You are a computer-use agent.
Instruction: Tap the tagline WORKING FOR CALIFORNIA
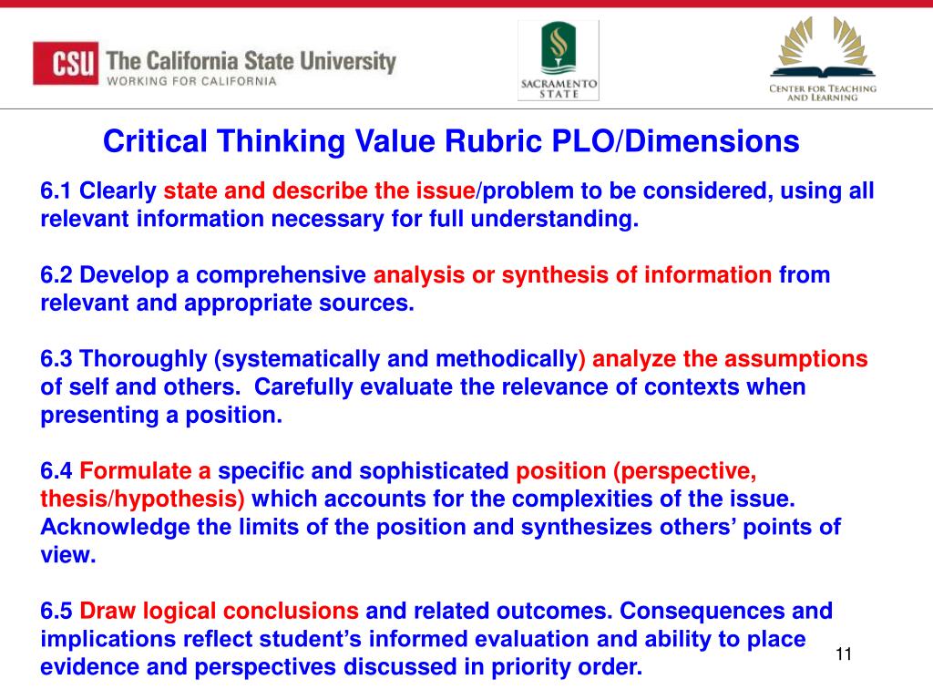point(191,81)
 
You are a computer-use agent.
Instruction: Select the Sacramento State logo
point(559,61)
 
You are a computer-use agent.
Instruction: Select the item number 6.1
point(56,191)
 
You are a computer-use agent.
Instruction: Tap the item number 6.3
point(57,359)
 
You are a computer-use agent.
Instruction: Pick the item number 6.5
point(57,611)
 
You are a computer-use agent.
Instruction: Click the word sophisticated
point(434,471)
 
